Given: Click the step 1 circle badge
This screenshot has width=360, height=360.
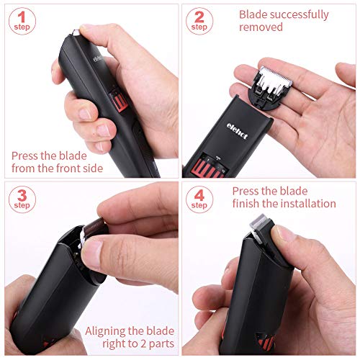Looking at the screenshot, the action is tap(22, 21).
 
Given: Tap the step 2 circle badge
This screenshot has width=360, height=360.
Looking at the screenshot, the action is tap(199, 21).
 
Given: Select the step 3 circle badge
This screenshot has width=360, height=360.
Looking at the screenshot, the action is tap(22, 199).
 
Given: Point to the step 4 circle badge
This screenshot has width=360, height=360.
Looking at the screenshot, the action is tap(199, 199).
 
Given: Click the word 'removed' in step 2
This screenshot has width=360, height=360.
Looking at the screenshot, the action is tap(261, 27).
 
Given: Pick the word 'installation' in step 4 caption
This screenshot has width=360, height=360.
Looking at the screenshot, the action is tap(309, 204).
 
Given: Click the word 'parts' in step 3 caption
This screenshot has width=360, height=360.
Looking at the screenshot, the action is tap(161, 344).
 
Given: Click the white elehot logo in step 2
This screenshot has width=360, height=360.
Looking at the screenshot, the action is tap(237, 131).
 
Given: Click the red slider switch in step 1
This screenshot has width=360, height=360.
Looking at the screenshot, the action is tap(119, 101).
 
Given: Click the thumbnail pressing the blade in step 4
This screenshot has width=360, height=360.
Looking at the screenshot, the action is tap(283, 233).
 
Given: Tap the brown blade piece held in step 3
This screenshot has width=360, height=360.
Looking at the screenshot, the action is tap(94, 227).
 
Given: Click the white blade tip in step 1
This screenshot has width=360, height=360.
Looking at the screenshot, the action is tap(76, 32).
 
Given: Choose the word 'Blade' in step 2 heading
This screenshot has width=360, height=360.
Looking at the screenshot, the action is tap(253, 14).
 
